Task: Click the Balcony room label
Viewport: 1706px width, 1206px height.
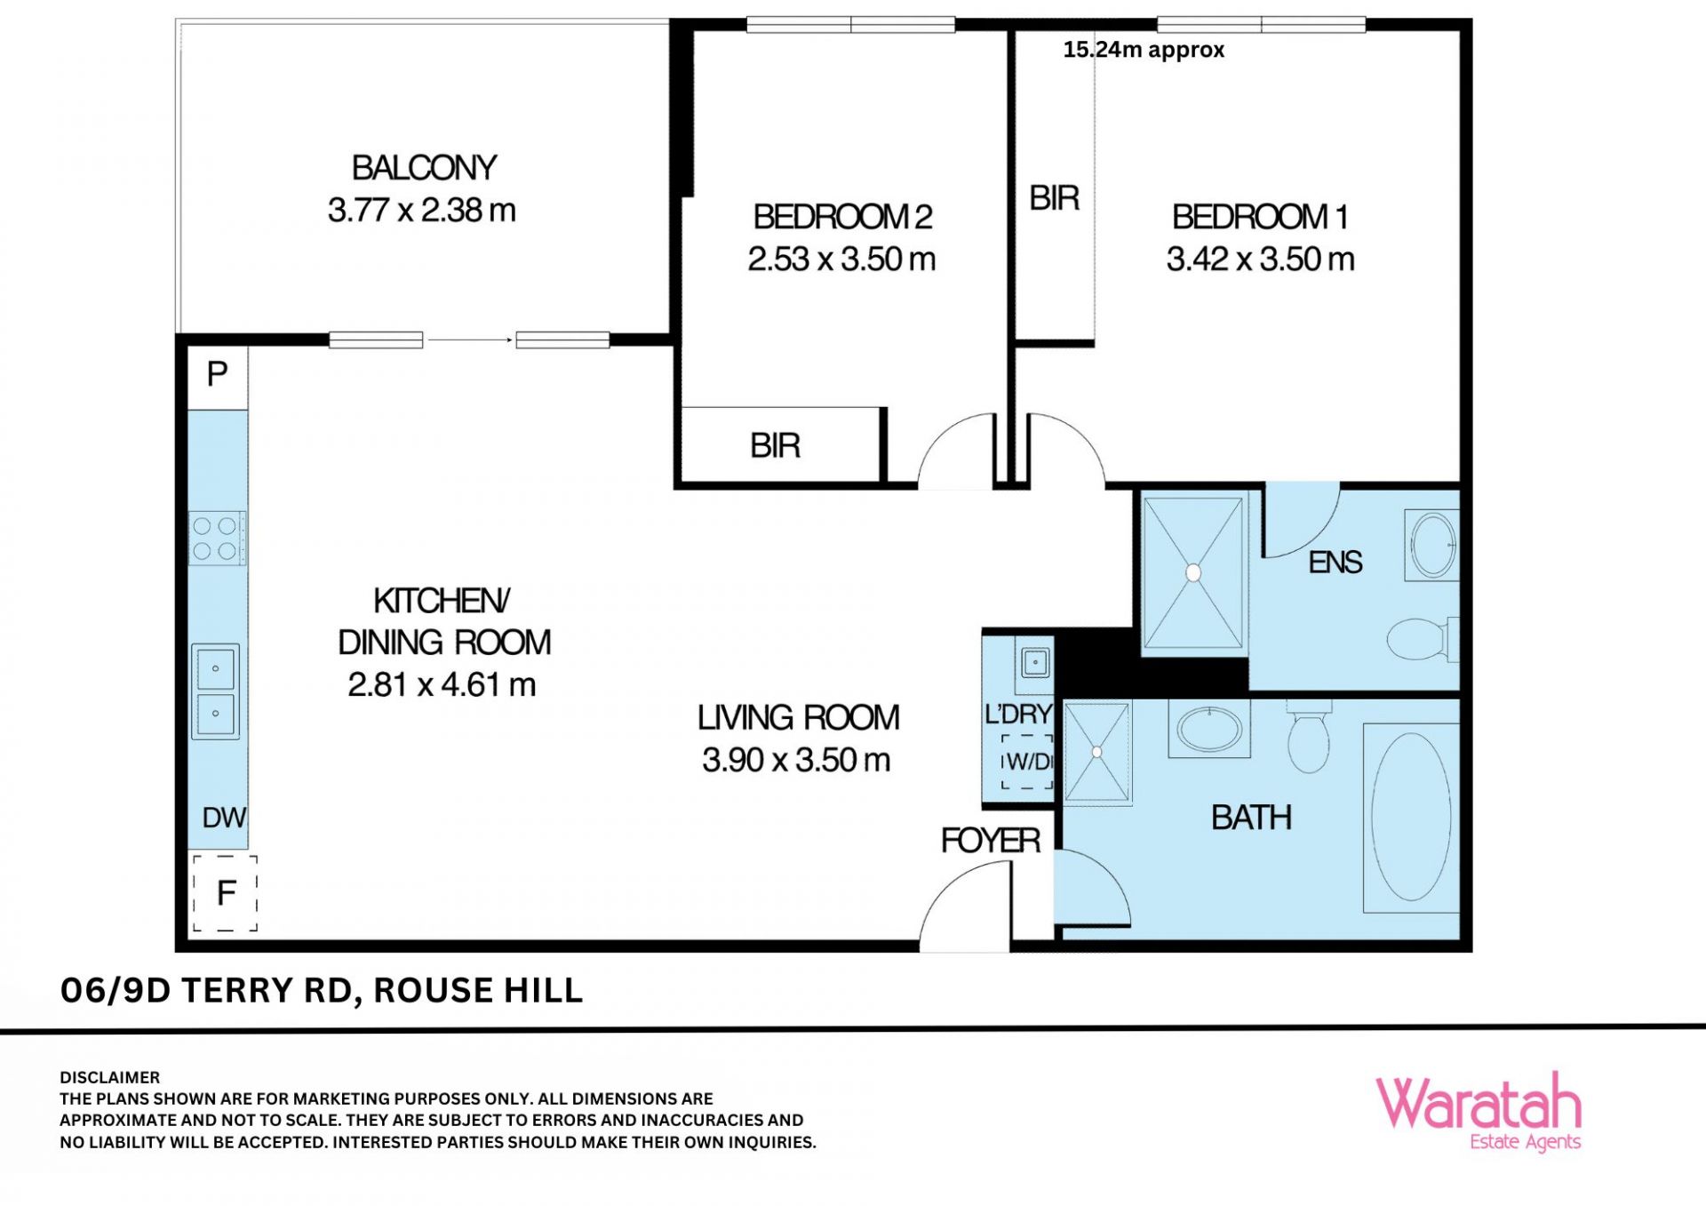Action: [424, 168]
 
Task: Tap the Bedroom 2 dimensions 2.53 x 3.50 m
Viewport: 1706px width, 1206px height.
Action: [841, 260]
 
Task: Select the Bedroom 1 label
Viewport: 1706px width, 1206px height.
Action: [1260, 217]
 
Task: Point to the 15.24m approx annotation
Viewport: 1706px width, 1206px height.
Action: [1144, 50]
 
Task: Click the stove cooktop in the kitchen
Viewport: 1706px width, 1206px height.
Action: [217, 539]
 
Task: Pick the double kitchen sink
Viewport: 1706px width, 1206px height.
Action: [216, 691]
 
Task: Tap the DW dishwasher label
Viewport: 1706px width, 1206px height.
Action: [224, 818]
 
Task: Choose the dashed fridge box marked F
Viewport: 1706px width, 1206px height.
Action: [226, 893]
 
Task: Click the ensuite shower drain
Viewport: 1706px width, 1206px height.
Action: [1193, 573]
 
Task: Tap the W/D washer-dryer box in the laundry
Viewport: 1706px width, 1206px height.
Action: [1027, 762]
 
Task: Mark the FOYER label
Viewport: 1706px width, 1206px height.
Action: [991, 841]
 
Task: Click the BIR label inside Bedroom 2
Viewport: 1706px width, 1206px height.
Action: [775, 446]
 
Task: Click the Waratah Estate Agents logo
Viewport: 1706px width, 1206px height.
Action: [1479, 1112]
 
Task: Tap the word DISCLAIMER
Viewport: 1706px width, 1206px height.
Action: [110, 1078]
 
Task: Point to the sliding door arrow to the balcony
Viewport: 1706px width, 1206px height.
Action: [470, 339]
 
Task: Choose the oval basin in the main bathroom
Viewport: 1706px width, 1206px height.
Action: [1209, 730]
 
